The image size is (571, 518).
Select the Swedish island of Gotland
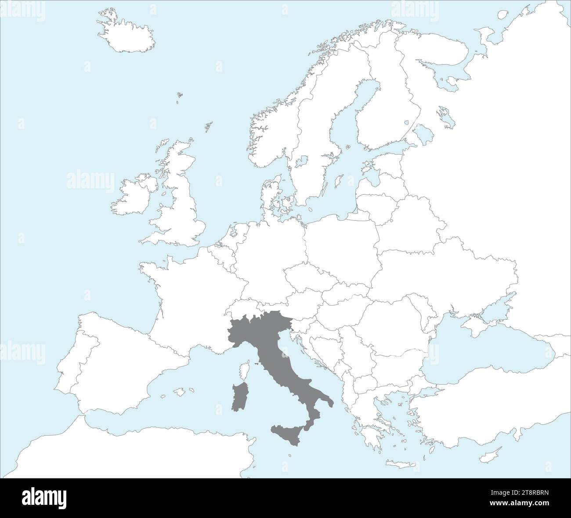338,181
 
